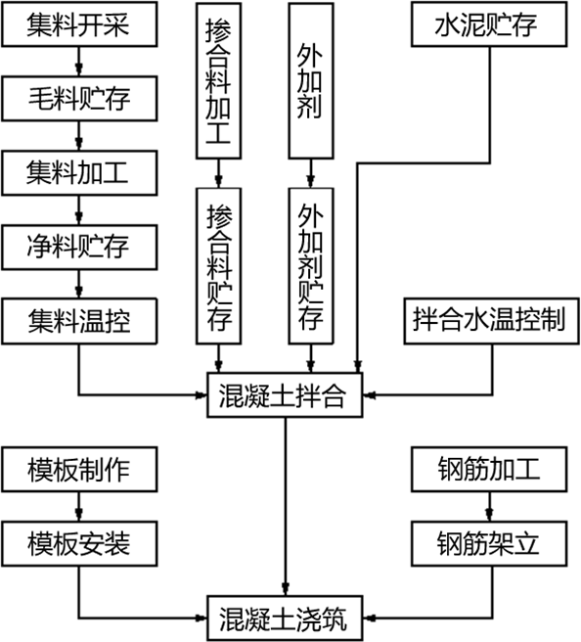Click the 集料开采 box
click(x=79, y=24)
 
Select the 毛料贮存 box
click(x=79, y=99)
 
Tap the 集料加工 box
click(x=79, y=173)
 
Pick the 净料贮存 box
click(x=79, y=248)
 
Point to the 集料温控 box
click(x=79, y=321)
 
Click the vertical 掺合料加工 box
click(x=218, y=80)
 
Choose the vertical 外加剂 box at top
click(x=311, y=80)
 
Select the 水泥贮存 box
click(x=489, y=24)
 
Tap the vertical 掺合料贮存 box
click(x=218, y=266)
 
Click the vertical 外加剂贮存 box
click(x=311, y=266)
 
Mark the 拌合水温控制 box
click(x=491, y=321)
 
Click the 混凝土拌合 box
click(x=285, y=395)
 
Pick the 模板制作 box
click(x=79, y=469)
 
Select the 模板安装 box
click(x=79, y=544)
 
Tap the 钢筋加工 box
click(x=489, y=469)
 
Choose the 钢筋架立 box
click(x=489, y=544)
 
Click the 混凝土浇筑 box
click(x=285, y=618)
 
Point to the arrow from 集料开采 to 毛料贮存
click(x=79, y=62)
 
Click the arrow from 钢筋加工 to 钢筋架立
click(x=489, y=507)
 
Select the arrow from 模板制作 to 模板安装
click(x=79, y=507)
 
